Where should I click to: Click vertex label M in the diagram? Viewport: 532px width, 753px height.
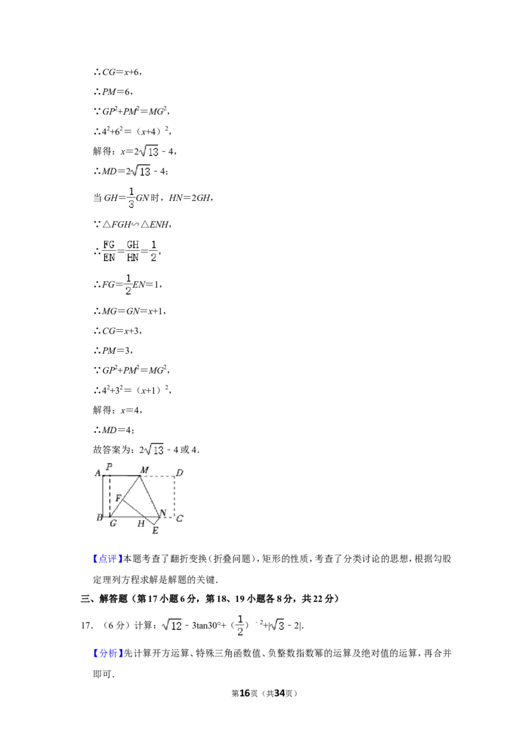pyautogui.click(x=144, y=470)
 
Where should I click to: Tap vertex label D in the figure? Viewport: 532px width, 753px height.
pyautogui.click(x=180, y=472)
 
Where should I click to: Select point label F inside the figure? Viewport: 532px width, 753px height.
pyautogui.click(x=118, y=498)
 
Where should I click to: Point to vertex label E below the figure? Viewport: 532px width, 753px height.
pyautogui.click(x=155, y=531)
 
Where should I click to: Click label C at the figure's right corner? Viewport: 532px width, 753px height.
pyautogui.click(x=180, y=518)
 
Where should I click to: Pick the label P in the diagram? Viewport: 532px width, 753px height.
pyautogui.click(x=109, y=466)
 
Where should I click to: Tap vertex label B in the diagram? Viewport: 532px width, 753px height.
pyautogui.click(x=100, y=518)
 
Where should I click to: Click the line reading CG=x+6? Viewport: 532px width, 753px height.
pyautogui.click(x=118, y=72)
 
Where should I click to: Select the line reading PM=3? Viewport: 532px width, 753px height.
pyautogui.click(x=113, y=351)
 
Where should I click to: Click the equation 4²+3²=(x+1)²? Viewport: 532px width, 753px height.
pyautogui.click(x=132, y=390)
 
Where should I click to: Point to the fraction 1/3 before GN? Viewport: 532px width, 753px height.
pyautogui.click(x=131, y=198)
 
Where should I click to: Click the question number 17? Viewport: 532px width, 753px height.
pyautogui.click(x=87, y=625)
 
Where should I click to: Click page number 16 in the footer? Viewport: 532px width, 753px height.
pyautogui.click(x=245, y=693)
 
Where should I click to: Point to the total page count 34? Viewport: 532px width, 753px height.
pyautogui.click(x=279, y=693)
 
